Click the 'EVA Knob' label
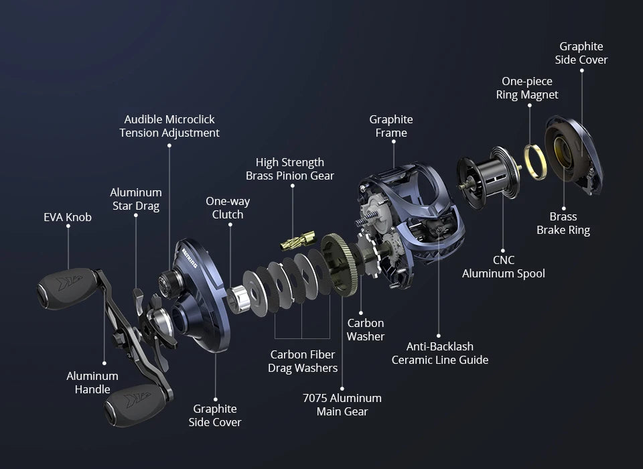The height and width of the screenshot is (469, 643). [68, 217]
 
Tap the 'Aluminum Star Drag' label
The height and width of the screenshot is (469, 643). [136, 199]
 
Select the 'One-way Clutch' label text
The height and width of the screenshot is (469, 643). [228, 208]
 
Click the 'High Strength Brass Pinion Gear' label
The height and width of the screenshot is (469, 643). [290, 169]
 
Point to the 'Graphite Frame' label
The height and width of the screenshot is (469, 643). [391, 126]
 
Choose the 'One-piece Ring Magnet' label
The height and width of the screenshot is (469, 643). [527, 88]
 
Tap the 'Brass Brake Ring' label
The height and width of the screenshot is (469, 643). [563, 223]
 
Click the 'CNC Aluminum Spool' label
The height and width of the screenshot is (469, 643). [504, 267]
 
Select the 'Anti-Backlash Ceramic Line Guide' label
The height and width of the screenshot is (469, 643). [440, 353]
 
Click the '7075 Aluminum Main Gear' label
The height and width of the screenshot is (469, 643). [342, 405]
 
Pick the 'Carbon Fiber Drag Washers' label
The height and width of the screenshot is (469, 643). [303, 361]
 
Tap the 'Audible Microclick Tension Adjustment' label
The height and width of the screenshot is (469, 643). [169, 126]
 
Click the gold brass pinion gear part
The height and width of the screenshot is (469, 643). [298, 241]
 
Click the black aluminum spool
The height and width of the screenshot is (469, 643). [488, 178]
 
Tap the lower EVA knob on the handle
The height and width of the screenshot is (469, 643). [136, 405]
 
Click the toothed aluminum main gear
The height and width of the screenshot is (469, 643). [340, 265]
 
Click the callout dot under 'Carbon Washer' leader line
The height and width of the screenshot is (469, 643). [361, 313]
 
